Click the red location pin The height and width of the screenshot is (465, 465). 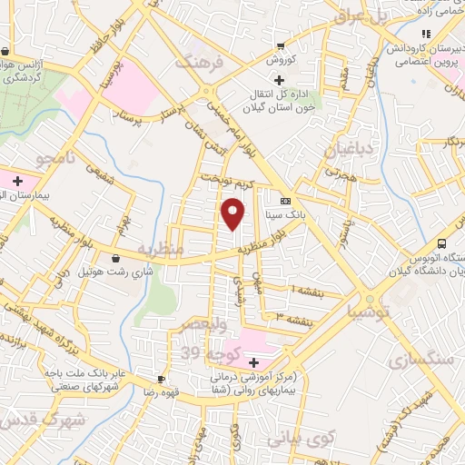pos(234,213)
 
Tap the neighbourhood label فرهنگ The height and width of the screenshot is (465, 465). pos(199,64)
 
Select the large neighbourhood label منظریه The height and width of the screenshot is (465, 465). pos(161,248)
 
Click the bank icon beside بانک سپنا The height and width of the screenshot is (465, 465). pos(286,202)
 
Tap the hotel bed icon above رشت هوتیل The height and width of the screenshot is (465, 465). pos(115,258)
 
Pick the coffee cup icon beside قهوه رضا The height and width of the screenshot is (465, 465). pos(161,379)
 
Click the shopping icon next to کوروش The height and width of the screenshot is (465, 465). pos(281,46)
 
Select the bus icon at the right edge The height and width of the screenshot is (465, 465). pos(441,243)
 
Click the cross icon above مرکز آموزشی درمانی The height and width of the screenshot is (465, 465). pos(253,363)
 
